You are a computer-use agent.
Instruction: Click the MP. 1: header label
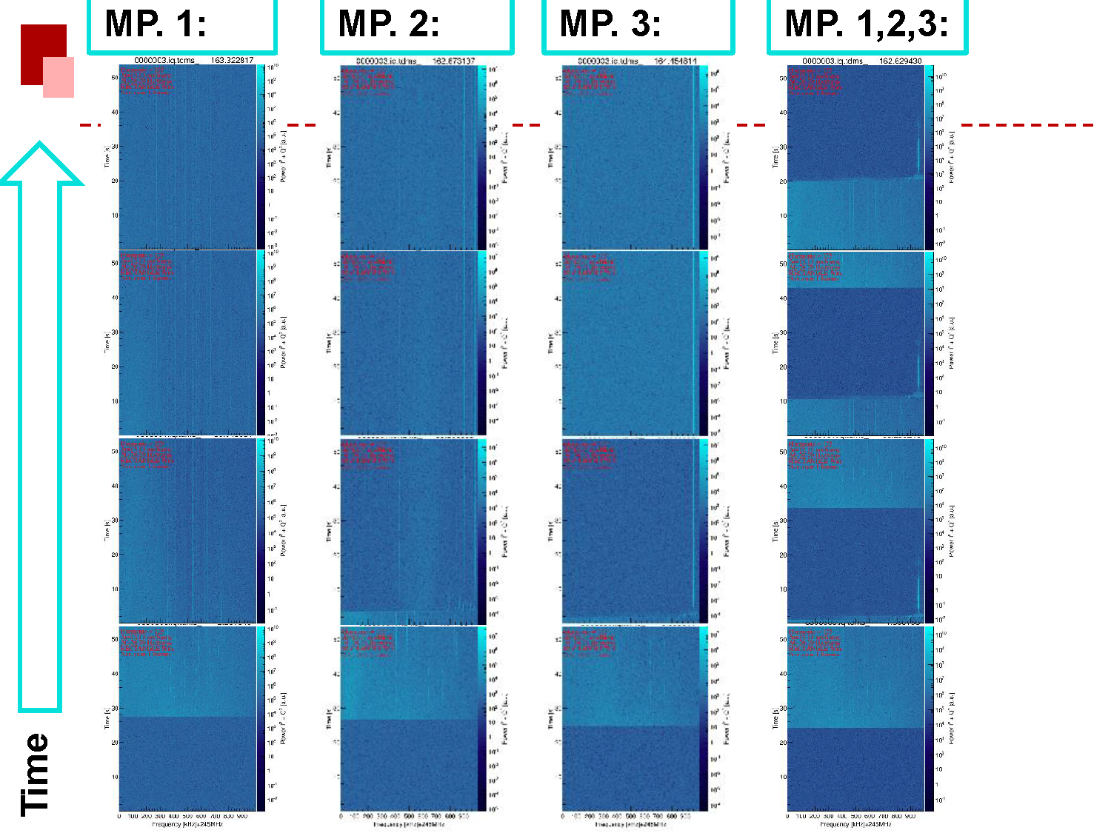tap(156, 24)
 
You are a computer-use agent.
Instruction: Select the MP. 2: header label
tap(389, 24)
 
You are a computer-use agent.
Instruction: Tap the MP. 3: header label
tap(610, 24)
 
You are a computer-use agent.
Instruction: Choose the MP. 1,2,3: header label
tap(867, 24)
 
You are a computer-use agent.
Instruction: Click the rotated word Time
tap(35, 775)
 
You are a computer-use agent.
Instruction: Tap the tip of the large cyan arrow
tap(39, 146)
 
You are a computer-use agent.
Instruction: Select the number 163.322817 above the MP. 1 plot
tap(232, 60)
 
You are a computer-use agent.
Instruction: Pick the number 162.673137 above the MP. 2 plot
tap(453, 61)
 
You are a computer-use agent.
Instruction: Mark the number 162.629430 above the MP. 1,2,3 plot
tap(901, 61)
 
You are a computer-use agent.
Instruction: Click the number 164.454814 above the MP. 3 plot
tap(675, 61)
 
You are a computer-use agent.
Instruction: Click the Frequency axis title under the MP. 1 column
tap(187, 824)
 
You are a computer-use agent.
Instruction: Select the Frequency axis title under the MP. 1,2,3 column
tap(855, 824)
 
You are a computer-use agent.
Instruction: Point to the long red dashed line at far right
tap(1027, 125)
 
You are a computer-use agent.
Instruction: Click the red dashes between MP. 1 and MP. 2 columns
tap(301, 125)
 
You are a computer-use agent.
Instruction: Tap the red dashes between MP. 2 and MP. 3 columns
tap(527, 125)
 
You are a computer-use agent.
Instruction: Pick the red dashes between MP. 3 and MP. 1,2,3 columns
tap(750, 125)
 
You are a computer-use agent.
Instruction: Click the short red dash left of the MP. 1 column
tap(90, 125)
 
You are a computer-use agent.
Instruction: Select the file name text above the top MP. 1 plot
tap(164, 60)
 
